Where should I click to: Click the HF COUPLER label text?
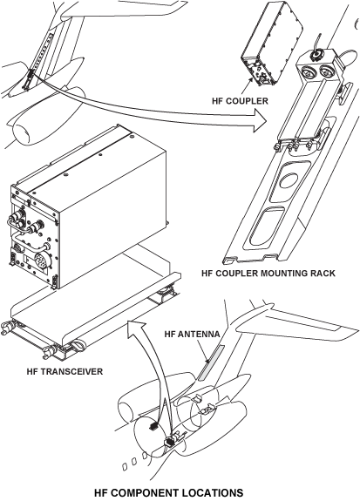click(240, 101)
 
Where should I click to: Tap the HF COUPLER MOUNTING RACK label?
click(268, 274)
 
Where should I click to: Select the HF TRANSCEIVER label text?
click(65, 371)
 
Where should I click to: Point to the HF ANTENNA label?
click(192, 334)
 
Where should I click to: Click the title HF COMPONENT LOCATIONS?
click(169, 492)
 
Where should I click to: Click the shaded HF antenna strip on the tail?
click(211, 362)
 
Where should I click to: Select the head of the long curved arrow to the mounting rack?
click(260, 121)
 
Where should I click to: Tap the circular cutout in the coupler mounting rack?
click(289, 179)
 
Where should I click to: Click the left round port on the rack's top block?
click(308, 72)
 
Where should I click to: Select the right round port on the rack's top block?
click(326, 71)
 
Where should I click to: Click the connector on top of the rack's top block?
click(316, 55)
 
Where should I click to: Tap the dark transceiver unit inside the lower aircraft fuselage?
click(169, 443)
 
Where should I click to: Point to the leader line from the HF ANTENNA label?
click(202, 351)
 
